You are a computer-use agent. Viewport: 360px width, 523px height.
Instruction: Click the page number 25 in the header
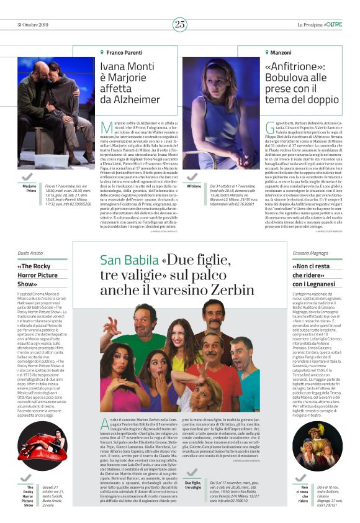point(180,24)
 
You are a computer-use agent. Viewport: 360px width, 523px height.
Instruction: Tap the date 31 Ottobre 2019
point(34,24)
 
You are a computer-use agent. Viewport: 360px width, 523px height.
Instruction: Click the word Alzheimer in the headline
point(130,99)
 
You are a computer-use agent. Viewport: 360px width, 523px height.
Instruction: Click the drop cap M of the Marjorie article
point(106,129)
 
